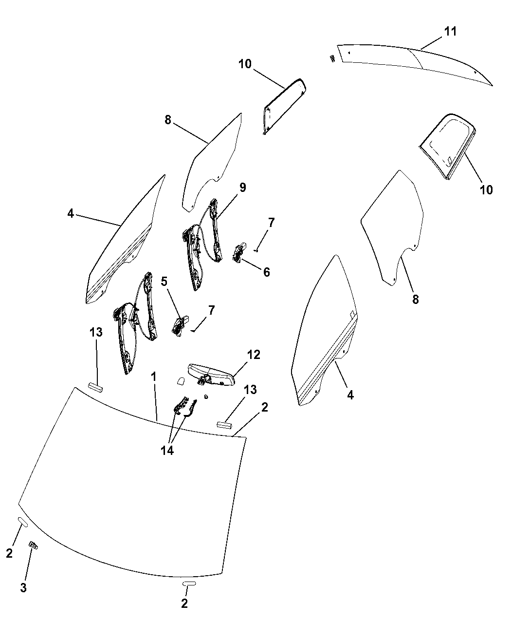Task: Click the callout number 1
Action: click(x=153, y=376)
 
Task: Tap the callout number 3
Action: click(x=23, y=587)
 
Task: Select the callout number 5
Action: click(x=164, y=281)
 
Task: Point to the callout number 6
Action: click(x=266, y=272)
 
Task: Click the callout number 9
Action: click(x=242, y=188)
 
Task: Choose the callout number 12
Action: click(x=254, y=355)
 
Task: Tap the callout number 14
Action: click(x=167, y=451)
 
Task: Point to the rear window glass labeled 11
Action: click(x=414, y=63)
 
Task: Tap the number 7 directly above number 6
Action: click(x=271, y=223)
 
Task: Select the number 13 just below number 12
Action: click(x=250, y=390)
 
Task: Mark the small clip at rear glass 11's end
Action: click(x=332, y=58)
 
